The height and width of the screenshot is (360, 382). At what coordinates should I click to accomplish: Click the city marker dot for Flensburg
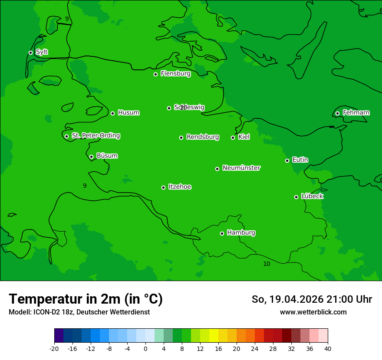(x=155, y=74)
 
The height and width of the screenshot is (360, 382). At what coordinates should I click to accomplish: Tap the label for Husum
(x=128, y=113)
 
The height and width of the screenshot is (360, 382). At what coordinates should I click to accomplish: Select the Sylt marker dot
(x=30, y=52)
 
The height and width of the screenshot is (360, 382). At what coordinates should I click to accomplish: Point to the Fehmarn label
(x=356, y=113)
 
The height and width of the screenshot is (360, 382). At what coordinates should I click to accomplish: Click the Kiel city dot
(x=233, y=137)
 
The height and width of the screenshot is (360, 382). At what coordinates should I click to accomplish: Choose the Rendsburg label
(x=203, y=137)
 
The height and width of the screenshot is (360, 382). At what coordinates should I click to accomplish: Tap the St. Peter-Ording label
(x=95, y=136)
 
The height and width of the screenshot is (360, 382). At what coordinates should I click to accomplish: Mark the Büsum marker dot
(x=91, y=157)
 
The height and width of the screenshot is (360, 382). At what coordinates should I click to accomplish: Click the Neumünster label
(x=241, y=168)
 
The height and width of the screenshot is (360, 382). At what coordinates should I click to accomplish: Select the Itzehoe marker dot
(x=163, y=187)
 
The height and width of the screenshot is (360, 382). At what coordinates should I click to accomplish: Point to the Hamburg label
(x=241, y=233)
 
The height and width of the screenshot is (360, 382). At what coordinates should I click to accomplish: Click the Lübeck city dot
(x=296, y=197)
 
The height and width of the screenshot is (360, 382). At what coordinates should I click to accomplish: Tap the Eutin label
(x=300, y=160)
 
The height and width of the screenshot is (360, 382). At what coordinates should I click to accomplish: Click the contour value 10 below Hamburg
(x=267, y=264)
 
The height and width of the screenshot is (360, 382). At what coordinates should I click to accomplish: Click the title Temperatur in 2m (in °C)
(x=86, y=299)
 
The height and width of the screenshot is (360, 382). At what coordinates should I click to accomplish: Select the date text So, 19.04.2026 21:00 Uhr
(x=312, y=299)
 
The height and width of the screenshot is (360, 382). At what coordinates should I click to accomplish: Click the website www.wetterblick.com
(x=313, y=312)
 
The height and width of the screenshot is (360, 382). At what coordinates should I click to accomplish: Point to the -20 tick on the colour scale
(x=54, y=348)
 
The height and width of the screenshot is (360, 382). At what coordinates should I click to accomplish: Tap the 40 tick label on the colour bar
(x=328, y=348)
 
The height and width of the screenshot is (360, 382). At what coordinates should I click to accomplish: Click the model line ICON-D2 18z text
(x=79, y=312)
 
